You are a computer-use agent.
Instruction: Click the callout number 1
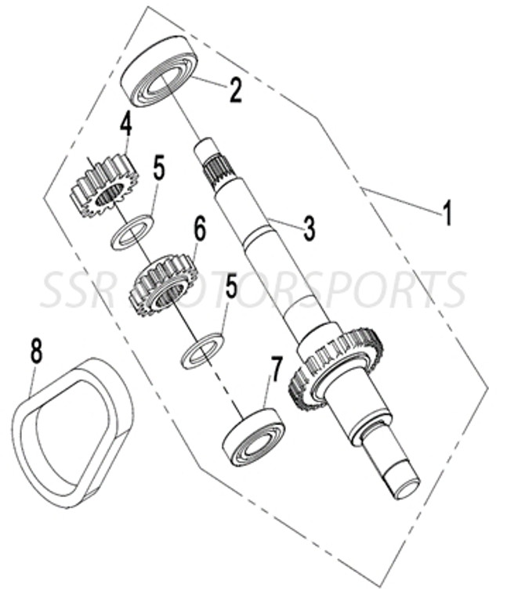tap(447, 212)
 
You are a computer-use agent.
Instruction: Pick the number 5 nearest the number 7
tap(231, 287)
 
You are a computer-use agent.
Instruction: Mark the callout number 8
tap(36, 351)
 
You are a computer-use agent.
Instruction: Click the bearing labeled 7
tap(253, 436)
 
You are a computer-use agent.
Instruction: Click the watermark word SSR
tap(78, 290)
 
